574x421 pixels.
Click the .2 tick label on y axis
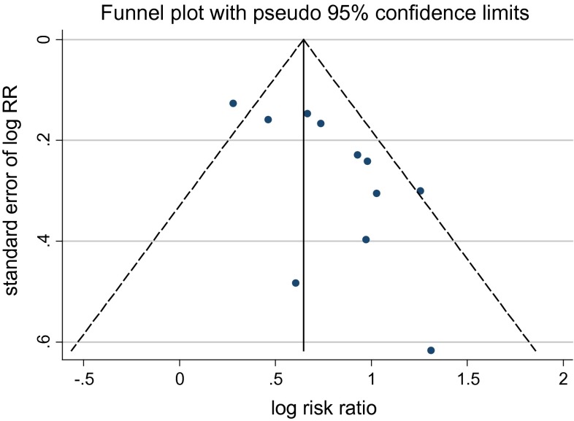click(46, 139)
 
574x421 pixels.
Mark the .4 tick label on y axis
click(46, 241)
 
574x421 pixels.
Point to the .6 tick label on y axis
click(46, 341)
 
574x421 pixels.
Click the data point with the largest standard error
click(431, 350)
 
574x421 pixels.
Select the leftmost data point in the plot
click(233, 104)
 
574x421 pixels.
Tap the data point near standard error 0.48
click(296, 282)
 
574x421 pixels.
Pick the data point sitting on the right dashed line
click(420, 191)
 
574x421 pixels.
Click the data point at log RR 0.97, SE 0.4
click(366, 239)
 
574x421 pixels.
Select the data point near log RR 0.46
click(268, 120)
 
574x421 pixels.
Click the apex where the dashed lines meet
click(304, 39)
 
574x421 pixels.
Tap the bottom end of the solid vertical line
click(304, 351)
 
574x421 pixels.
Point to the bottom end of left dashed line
click(72, 351)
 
